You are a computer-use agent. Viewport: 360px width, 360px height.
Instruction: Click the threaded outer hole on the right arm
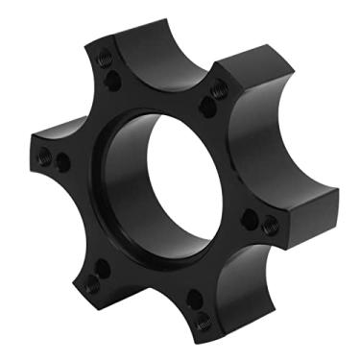pyautogui.click(x=272, y=225)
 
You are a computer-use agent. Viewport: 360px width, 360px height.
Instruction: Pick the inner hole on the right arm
pyautogui.click(x=249, y=220)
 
